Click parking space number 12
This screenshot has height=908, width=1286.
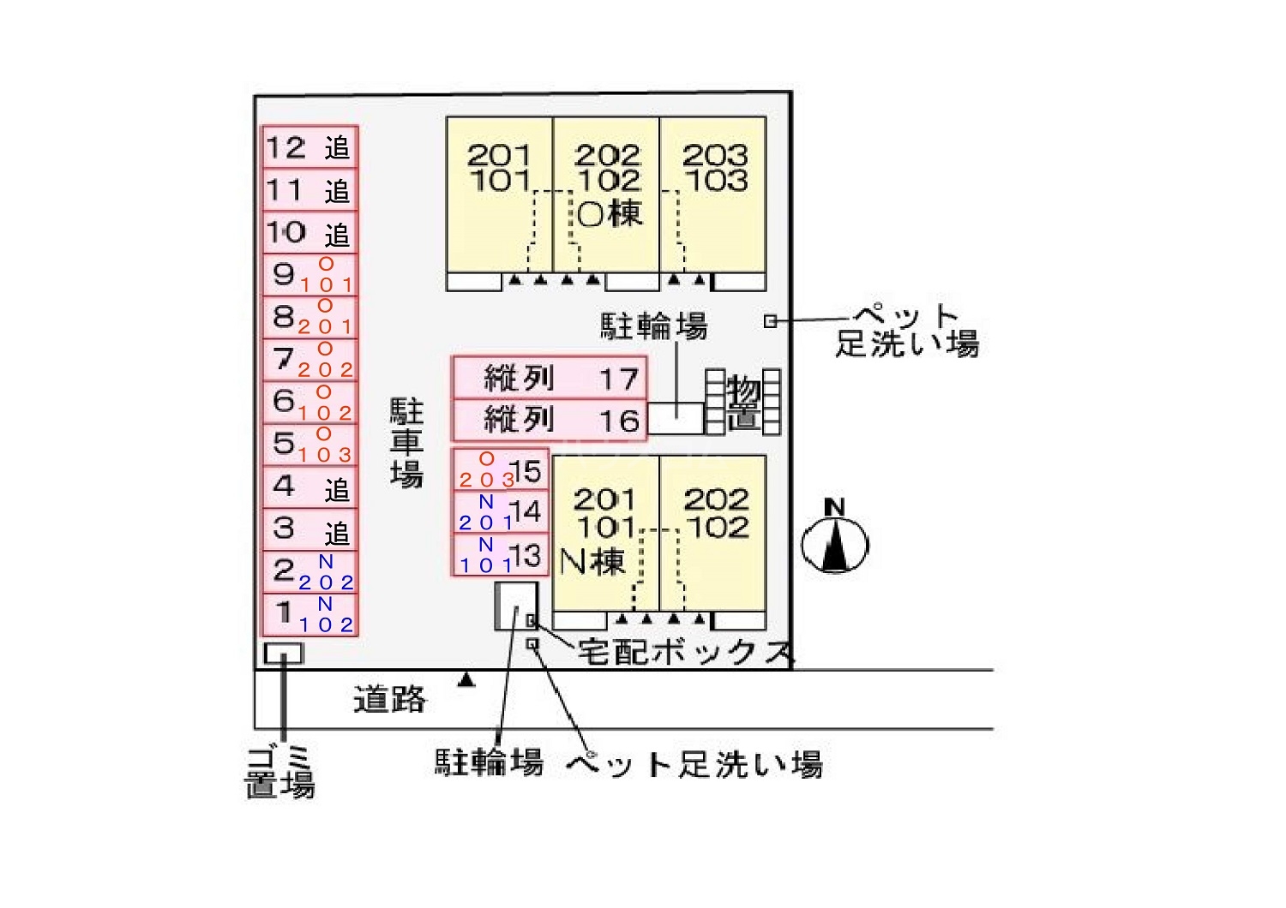(x=309, y=147)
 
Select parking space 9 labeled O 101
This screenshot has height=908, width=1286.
(x=309, y=275)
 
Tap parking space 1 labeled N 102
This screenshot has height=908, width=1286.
(x=309, y=614)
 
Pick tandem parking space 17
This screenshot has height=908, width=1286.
(x=549, y=378)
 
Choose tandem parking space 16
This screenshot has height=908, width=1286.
(x=549, y=420)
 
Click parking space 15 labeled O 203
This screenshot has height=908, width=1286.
(x=501, y=469)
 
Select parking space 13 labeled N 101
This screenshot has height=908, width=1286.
(x=501, y=554)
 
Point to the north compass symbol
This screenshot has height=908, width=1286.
(x=835, y=540)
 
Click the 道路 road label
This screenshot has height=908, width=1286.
(x=390, y=700)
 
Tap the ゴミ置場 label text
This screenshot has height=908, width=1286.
(x=280, y=772)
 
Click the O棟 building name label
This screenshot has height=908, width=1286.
(x=610, y=213)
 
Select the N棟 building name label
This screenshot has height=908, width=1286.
(x=592, y=562)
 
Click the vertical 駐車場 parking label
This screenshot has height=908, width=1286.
(x=407, y=442)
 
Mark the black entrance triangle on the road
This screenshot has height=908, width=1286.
(x=466, y=680)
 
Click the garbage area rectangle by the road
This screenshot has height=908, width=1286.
(x=284, y=654)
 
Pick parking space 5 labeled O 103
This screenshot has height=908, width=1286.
(x=309, y=445)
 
